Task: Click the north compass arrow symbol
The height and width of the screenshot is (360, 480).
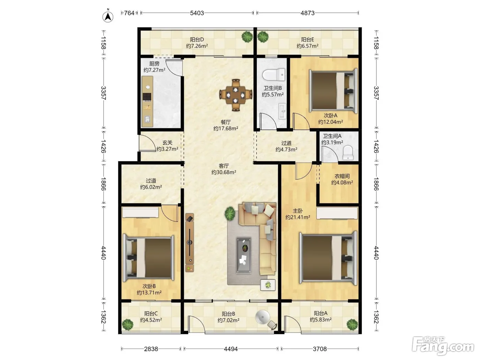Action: coord(108,16)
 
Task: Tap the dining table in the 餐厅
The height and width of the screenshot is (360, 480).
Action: coord(236,95)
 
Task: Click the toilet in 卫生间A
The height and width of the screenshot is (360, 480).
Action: coord(348,153)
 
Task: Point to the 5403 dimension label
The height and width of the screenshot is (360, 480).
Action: coord(197,13)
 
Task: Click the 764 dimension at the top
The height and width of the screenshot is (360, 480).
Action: coord(129,13)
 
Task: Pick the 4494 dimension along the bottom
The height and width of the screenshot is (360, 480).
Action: coord(231,349)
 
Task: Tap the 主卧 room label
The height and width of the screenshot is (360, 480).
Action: coord(298,211)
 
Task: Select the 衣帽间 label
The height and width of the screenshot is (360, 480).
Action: coord(342,176)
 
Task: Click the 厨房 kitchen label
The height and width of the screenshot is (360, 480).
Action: coord(154,64)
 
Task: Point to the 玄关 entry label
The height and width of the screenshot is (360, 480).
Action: coord(167,143)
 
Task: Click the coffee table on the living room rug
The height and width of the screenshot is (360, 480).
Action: coord(244,255)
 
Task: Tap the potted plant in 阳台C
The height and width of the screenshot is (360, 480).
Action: coord(128,325)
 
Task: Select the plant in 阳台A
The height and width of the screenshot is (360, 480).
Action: coord(352,325)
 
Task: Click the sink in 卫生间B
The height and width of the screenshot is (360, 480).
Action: coord(282,111)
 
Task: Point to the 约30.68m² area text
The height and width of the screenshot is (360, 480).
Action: coord(224,172)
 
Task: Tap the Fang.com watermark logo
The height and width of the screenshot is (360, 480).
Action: coord(443,346)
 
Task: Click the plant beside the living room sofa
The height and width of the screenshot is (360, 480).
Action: coord(230,213)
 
